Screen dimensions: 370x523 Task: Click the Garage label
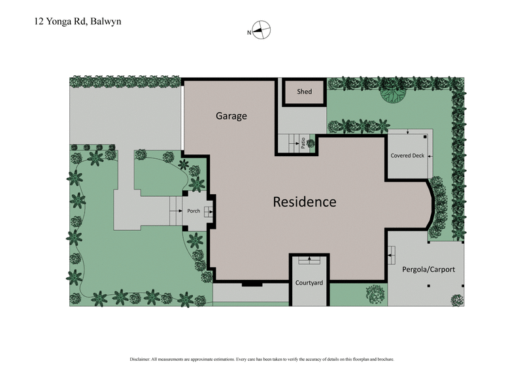[x=231, y=116]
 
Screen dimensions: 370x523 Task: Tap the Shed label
[x=304, y=92]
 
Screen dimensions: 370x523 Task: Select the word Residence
[x=304, y=202]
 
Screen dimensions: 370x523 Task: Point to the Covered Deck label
[x=407, y=156]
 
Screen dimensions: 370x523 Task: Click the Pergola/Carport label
[x=428, y=269]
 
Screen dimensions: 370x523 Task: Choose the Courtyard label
[x=310, y=283]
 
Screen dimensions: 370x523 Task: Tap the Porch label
[x=194, y=211]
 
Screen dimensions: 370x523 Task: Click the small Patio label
[x=303, y=143]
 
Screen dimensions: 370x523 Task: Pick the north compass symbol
[x=260, y=31]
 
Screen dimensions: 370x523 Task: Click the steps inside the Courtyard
[x=309, y=260]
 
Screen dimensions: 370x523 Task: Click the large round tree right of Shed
[x=394, y=93]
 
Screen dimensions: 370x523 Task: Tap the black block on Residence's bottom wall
[x=251, y=284]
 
